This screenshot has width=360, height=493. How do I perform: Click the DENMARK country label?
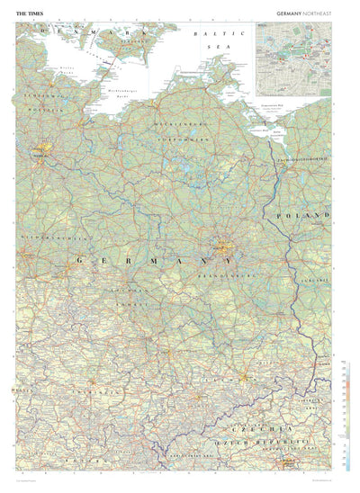(x=90, y=34)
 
